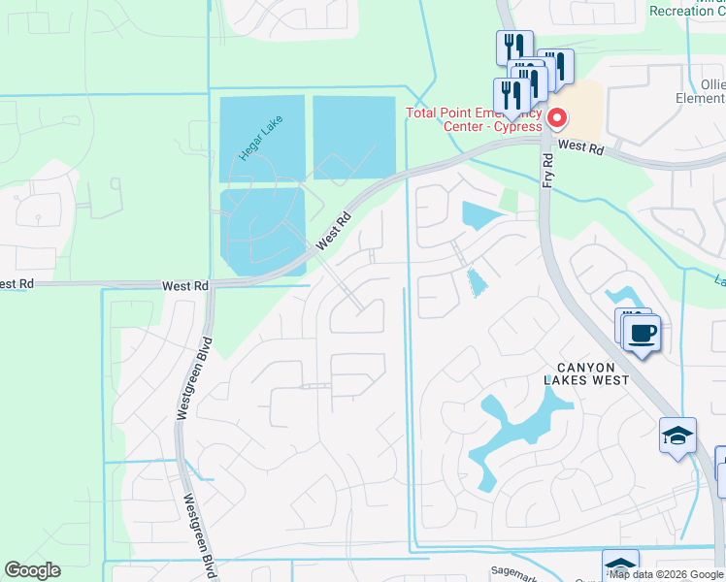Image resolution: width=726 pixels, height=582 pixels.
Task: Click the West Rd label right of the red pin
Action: pos(582,147)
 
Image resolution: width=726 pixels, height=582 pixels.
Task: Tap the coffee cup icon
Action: pos(642,334)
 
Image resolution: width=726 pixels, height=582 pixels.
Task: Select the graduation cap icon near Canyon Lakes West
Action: pos(677,436)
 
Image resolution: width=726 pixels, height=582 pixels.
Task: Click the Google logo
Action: pos(32,570)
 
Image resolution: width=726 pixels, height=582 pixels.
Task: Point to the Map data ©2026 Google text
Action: pos(665,574)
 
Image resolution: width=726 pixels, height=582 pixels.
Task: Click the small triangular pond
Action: pos(477,282)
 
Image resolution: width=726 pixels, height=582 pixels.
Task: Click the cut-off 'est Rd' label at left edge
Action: pos(17,283)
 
